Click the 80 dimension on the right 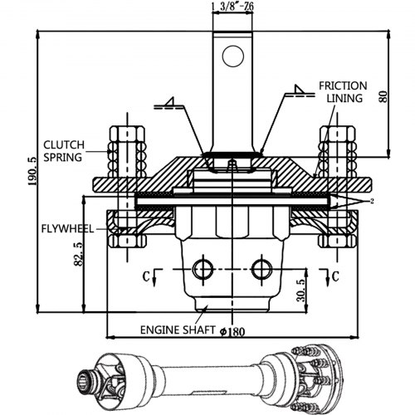click(x=383, y=96)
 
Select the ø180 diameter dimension click(x=233, y=331)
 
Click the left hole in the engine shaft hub click(x=198, y=268)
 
